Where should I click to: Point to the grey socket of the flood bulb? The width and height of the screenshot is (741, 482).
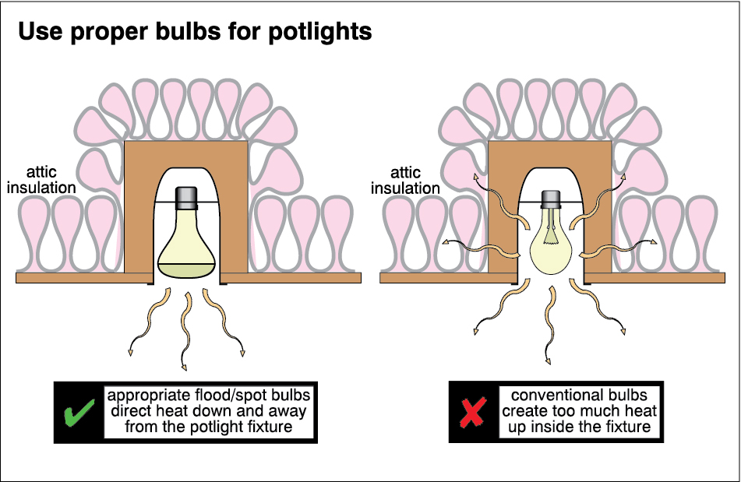tap(187, 196)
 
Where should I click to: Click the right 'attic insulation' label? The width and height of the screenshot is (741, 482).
tap(405, 180)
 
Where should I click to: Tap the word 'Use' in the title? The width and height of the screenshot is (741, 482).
tap(34, 32)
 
